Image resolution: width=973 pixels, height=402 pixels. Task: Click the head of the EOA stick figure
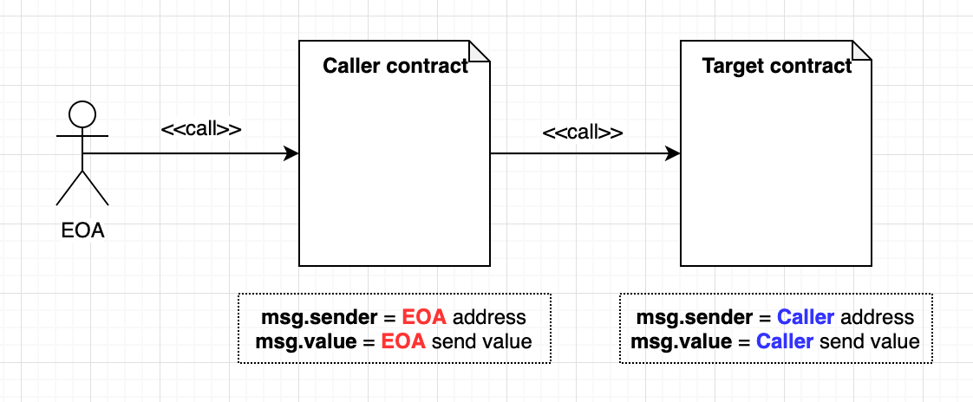(82, 113)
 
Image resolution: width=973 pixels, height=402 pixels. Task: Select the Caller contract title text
(395, 66)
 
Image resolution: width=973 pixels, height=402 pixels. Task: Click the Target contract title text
(776, 66)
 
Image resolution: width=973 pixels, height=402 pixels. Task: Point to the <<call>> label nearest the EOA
(200, 129)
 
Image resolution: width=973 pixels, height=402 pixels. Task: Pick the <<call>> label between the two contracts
(582, 133)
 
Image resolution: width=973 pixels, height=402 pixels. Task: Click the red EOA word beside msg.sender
(425, 317)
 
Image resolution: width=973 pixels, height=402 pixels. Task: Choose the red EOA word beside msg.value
(402, 341)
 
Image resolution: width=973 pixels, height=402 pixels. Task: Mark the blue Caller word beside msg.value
(784, 341)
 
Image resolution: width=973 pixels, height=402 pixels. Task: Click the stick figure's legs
(82, 188)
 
